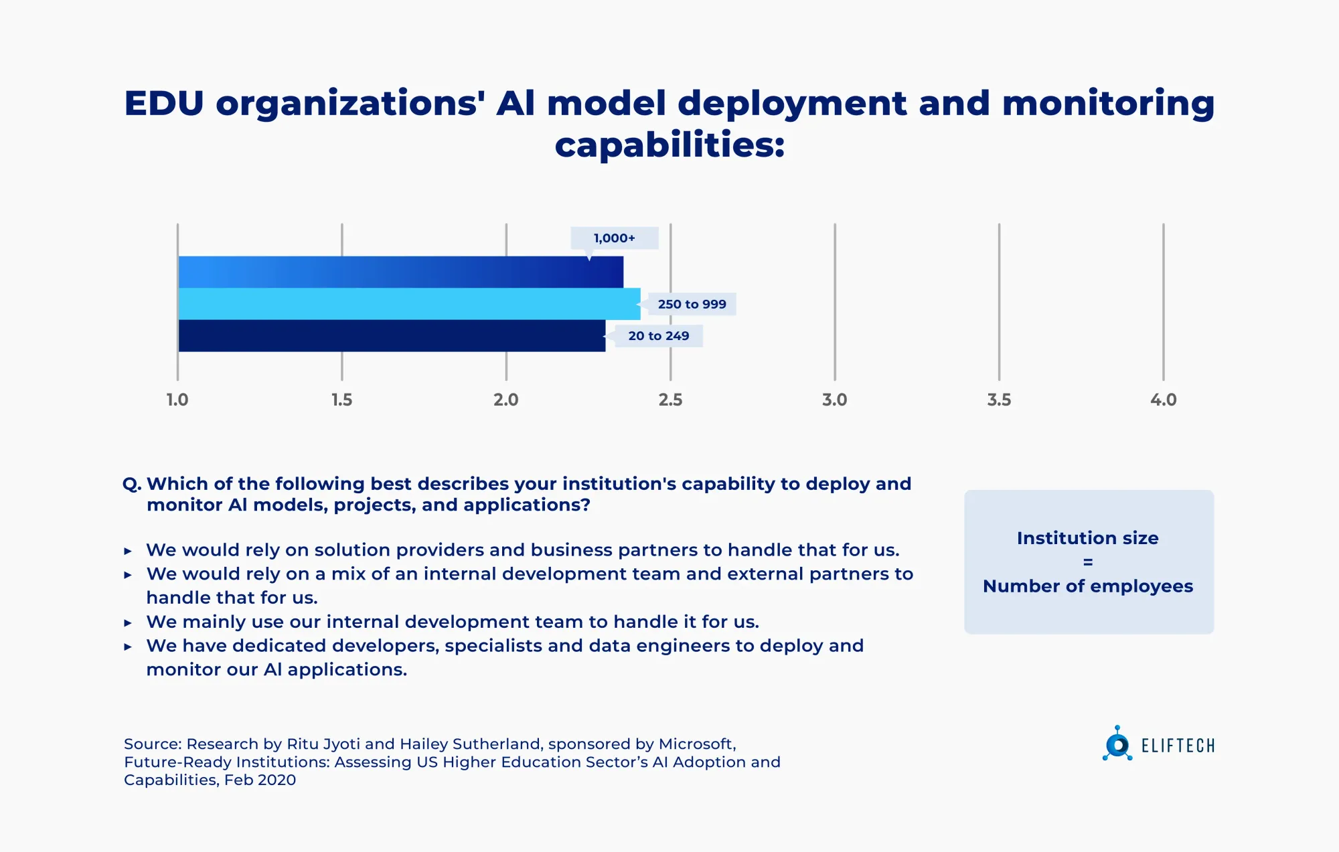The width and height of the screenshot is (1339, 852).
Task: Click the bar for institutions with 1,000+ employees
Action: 400,272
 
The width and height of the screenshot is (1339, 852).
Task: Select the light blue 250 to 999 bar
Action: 409,304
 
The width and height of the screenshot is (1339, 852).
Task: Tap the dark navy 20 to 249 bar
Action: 392,336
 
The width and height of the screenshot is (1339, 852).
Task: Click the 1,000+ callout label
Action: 614,238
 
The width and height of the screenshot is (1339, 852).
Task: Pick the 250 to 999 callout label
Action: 692,304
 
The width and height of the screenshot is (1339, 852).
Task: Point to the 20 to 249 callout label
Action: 658,336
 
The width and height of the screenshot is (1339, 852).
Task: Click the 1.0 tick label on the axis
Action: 177,400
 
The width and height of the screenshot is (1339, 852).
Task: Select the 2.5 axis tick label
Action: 670,400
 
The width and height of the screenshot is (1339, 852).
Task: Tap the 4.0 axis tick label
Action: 1163,400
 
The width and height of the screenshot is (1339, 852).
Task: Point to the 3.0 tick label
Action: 834,400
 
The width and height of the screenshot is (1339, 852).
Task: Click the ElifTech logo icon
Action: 1117,744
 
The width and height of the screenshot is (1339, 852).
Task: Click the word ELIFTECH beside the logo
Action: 1178,746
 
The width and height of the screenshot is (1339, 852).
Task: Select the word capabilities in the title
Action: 669,145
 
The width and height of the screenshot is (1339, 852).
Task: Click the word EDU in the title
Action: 164,104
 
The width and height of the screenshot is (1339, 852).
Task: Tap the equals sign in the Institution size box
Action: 1088,562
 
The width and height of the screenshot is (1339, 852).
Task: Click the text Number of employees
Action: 1088,586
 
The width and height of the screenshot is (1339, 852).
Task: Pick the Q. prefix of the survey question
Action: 132,484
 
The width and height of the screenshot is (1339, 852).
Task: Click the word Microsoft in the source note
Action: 696,744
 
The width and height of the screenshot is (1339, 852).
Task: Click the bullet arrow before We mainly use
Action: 128,622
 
